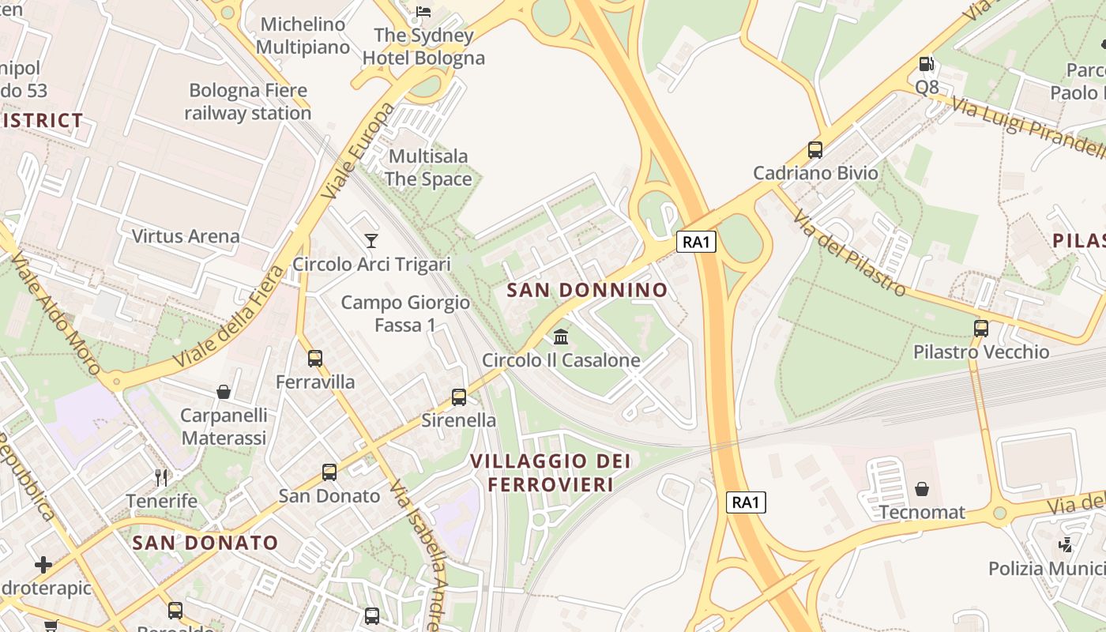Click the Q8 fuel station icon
coord(926,64)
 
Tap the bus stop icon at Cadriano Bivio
coord(815,149)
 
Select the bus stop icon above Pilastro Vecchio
coord(981,328)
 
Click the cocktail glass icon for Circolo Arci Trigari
coord(371,240)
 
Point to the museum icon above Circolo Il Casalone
coord(561,337)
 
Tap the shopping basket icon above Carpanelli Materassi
coord(224,392)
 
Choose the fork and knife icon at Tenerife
coord(162,477)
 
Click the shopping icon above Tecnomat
coord(922,489)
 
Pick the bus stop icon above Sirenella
coord(459,397)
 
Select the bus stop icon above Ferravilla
coord(315,359)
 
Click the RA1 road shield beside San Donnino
coord(696,242)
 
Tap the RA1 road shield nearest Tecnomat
coord(746,502)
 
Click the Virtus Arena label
coord(186,236)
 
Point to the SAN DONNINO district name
coord(587,290)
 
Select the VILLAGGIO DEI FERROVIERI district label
coord(551,472)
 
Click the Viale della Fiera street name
coord(229,316)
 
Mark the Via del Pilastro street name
coord(849,253)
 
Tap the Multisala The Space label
coord(428,167)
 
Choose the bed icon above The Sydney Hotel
coord(423,11)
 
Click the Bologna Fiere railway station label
coord(248,102)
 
